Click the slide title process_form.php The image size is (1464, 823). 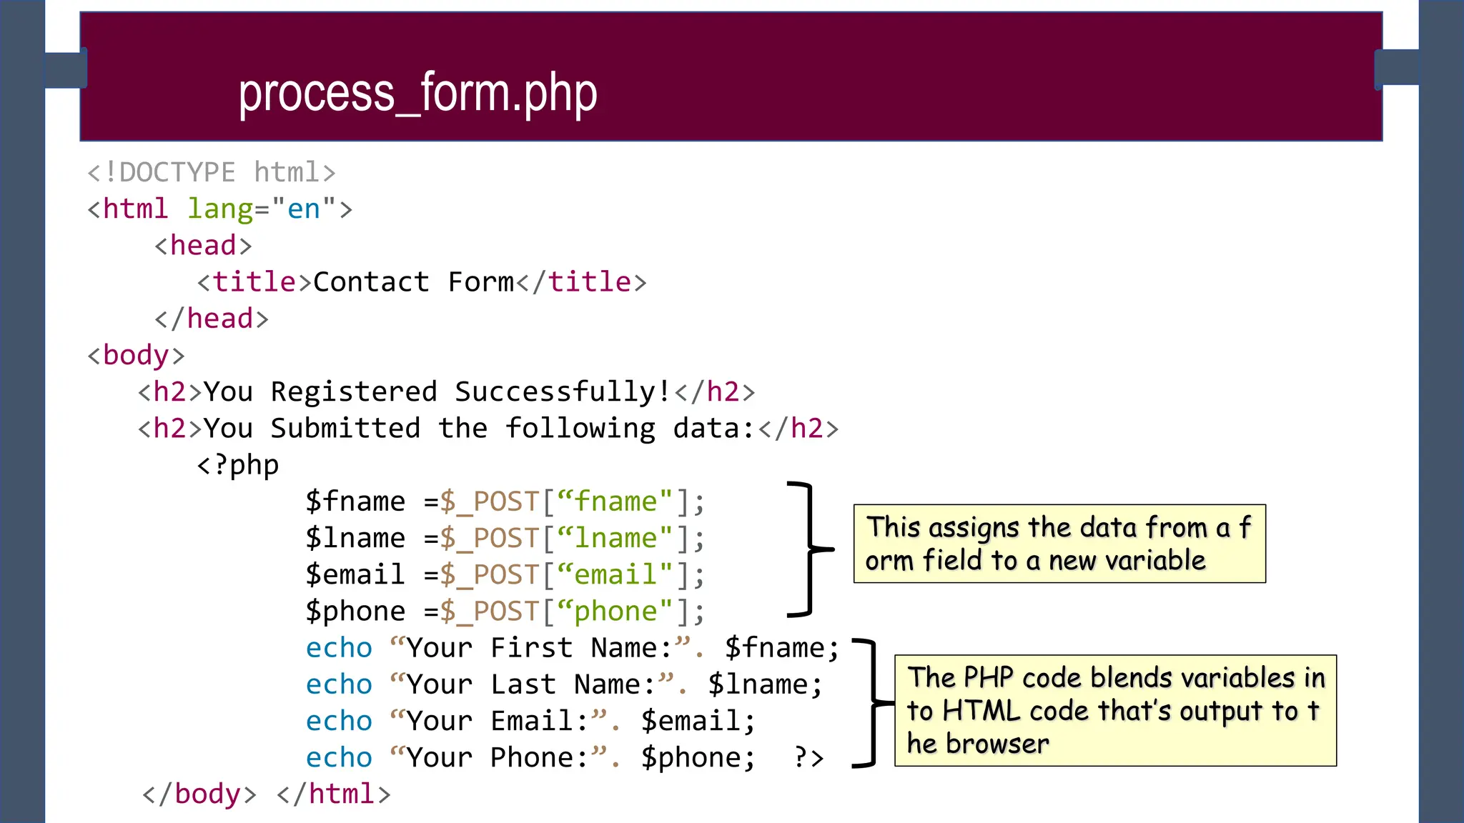(417, 94)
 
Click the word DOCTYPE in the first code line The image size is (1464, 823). (177, 173)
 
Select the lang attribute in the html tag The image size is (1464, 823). (220, 209)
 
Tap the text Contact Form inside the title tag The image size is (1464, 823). (413, 282)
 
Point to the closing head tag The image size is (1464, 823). (212, 319)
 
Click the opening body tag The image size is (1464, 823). (136, 355)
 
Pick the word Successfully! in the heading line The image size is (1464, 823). (563, 392)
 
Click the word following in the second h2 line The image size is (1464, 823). (580, 429)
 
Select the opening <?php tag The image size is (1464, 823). (237, 465)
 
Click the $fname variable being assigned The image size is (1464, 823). (355, 502)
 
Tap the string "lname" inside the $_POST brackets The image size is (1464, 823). (615, 538)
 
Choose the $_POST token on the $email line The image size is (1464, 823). (489, 575)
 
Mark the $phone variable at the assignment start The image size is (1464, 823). (355, 612)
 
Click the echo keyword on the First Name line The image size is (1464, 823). (339, 648)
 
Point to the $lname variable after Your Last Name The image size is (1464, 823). (764, 684)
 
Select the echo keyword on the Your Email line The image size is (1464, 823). (339, 721)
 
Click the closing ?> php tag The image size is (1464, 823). (808, 757)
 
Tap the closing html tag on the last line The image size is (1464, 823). (334, 794)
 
